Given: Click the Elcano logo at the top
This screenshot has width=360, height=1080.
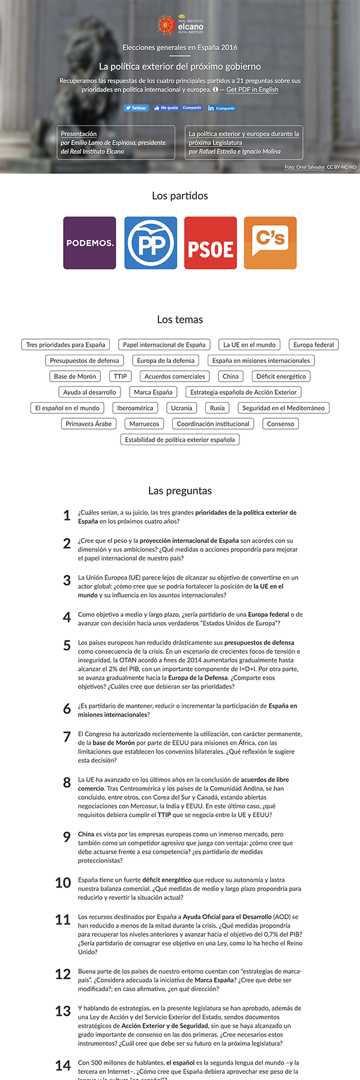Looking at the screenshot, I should [x=180, y=25].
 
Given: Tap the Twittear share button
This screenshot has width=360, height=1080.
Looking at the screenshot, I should [x=136, y=108].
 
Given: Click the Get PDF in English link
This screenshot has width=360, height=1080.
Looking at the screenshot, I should [x=252, y=89].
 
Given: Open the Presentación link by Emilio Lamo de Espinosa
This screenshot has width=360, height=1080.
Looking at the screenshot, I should [x=79, y=134].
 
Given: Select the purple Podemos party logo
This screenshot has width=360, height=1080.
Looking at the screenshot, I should [x=89, y=243].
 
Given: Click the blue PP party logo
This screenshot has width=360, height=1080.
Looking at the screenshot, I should [x=151, y=243].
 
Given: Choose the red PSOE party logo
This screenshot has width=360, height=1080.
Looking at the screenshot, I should [x=211, y=243].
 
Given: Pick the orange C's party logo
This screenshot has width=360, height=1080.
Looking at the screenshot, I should [x=270, y=243].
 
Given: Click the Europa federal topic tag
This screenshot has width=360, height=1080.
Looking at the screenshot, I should [x=313, y=345].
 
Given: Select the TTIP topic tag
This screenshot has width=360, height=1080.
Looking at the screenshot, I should [x=121, y=376].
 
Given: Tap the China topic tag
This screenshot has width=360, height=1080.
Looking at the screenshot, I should [x=230, y=376].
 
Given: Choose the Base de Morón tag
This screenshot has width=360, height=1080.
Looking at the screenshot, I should [x=75, y=376].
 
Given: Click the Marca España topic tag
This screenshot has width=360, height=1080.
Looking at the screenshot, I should [x=153, y=392].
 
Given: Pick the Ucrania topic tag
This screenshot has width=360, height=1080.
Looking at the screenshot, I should [x=182, y=408].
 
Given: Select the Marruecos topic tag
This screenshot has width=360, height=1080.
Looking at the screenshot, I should [x=145, y=424].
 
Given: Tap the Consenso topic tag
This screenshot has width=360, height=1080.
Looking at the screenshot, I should [x=281, y=424].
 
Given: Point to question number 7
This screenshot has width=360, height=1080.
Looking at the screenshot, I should [x=67, y=737].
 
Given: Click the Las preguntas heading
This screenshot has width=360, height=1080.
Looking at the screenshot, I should [x=180, y=491].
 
